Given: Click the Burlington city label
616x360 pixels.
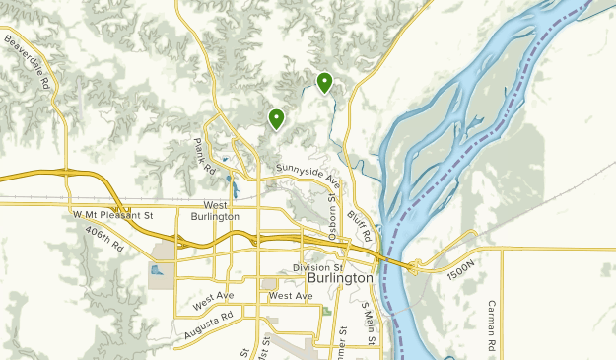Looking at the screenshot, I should click(x=340, y=279).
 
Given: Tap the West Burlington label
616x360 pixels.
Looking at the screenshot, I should click(x=215, y=209).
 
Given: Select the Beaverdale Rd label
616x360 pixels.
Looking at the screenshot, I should click(x=28, y=61).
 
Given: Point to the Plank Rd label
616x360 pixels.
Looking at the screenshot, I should click(x=204, y=157).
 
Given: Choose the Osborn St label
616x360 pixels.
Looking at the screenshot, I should click(x=332, y=219).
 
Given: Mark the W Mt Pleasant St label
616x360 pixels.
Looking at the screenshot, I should click(x=113, y=214).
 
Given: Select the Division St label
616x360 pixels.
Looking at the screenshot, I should click(x=317, y=267).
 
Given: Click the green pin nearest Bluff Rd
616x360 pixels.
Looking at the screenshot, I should click(x=324, y=83).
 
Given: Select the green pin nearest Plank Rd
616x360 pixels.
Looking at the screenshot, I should click(x=277, y=119).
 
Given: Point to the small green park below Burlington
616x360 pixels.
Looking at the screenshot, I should click(x=326, y=312).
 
